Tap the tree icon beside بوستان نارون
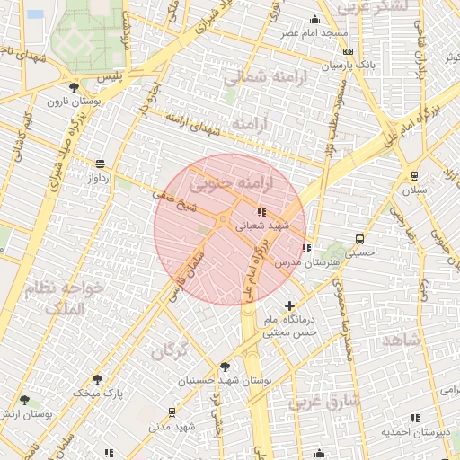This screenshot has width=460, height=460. tap(73, 87)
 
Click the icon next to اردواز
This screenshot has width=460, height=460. tap(99, 164)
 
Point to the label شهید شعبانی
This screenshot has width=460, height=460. tap(262, 226)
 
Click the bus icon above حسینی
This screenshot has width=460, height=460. tap(360, 240)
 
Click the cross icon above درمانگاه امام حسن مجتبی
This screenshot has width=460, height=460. tap(289, 306)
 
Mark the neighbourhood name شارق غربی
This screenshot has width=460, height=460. tap(325, 402)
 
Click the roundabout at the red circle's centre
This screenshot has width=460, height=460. tap(222, 219)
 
